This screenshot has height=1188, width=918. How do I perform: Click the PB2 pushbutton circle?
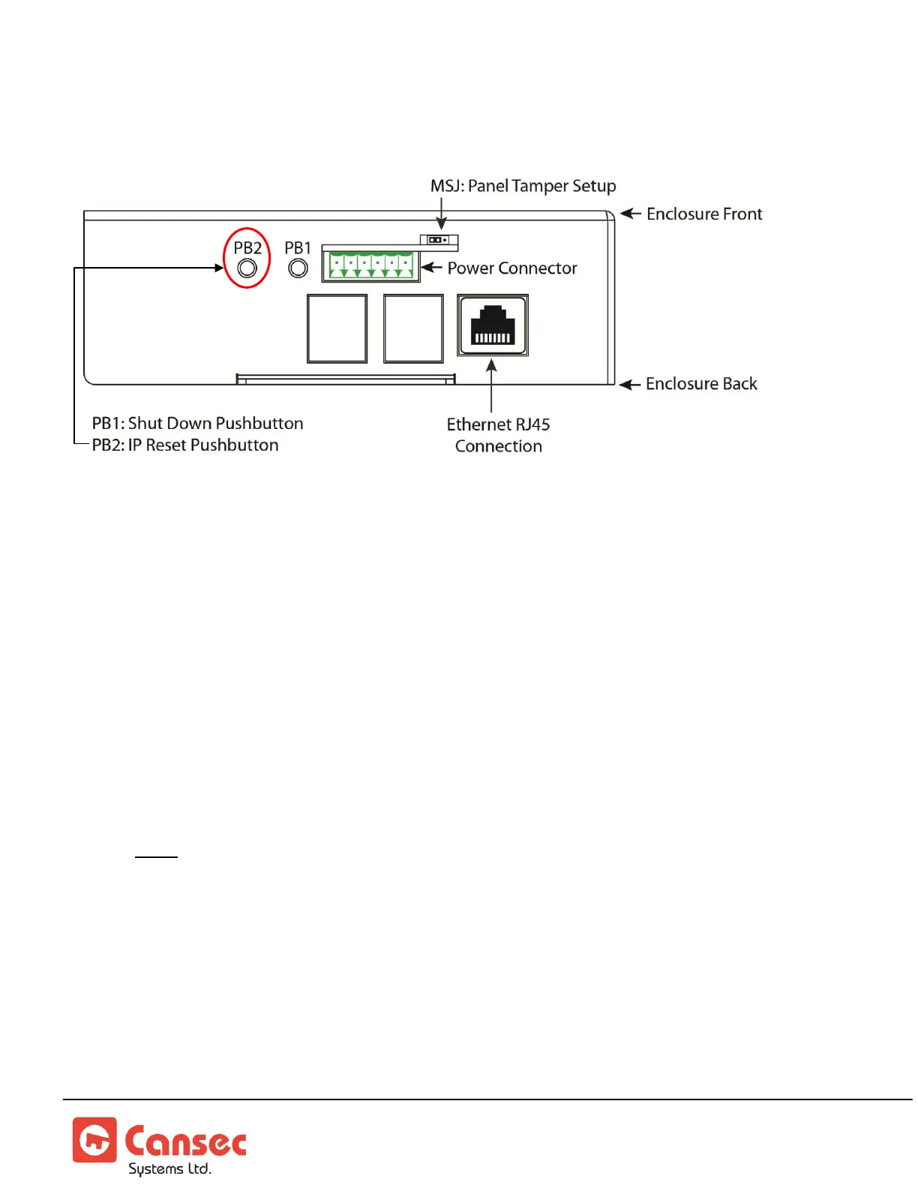247,268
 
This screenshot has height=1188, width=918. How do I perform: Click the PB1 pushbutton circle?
298,268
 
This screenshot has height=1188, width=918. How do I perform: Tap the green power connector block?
371,265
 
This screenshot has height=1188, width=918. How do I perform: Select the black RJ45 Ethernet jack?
493,325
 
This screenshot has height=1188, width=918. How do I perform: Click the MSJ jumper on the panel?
439,240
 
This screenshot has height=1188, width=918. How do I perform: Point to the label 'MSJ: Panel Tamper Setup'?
523,186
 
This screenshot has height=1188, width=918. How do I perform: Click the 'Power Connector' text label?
512,268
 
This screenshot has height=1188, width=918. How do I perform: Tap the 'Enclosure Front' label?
704,214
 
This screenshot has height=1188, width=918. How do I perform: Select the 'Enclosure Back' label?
701,384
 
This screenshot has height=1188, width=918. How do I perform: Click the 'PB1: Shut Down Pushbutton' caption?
197,424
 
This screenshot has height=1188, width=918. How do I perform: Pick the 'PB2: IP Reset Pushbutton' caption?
185,445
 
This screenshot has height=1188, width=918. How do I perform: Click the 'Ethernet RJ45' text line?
498,424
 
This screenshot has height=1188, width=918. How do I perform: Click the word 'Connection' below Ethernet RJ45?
498,446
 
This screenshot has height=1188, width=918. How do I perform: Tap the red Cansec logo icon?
94,1139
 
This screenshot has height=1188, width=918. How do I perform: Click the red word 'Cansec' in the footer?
185,1141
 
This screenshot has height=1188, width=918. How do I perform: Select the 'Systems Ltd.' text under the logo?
169,1168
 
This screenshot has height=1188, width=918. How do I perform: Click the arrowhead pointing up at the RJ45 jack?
491,365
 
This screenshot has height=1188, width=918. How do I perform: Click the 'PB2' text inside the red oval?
247,248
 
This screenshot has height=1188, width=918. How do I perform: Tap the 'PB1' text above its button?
298,248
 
